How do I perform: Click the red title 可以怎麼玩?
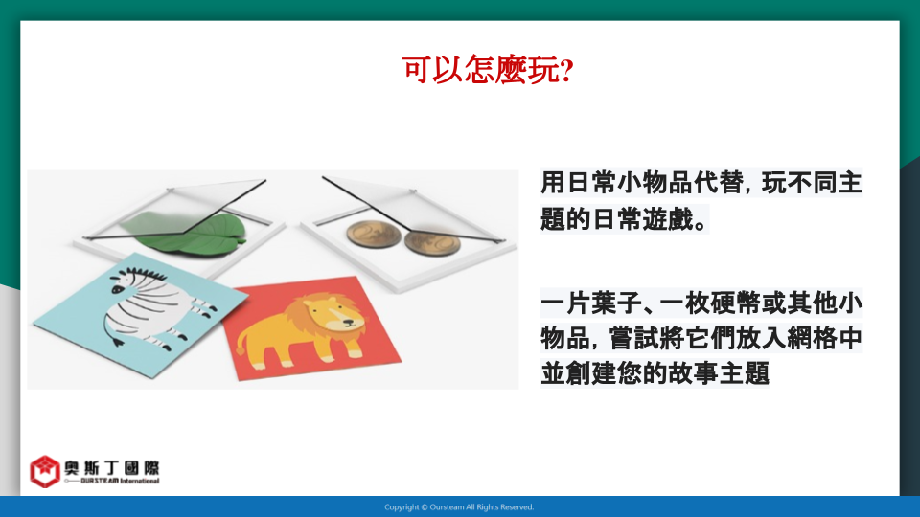pos(487,70)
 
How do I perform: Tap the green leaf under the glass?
pos(188,234)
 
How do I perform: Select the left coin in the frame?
pos(374,234)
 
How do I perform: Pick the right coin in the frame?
pos(432,242)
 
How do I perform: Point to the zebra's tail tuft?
pos(118,342)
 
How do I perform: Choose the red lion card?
pos(310,328)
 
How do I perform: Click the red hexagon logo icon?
pos(45,471)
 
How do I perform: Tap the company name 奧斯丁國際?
pos(111,468)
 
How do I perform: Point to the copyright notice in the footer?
pos(459,507)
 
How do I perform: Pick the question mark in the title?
pos(566,70)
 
